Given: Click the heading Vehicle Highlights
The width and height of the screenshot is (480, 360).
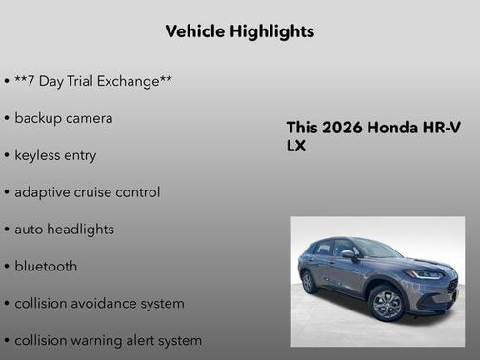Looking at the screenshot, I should (x=240, y=31).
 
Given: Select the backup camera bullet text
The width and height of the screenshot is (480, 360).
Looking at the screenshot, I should (x=64, y=118).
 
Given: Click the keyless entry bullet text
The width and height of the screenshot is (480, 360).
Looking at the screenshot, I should (x=55, y=155).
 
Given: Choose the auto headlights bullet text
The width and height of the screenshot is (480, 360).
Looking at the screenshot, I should (x=64, y=230).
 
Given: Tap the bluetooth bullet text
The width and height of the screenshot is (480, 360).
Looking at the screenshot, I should (x=46, y=267).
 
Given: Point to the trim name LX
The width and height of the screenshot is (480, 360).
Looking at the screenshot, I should (x=296, y=148).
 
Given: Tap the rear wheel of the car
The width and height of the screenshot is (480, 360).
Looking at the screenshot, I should (x=308, y=283).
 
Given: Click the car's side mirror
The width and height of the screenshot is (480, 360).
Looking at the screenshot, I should (x=349, y=254).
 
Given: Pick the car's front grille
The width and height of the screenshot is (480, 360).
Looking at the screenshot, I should (x=451, y=286).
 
